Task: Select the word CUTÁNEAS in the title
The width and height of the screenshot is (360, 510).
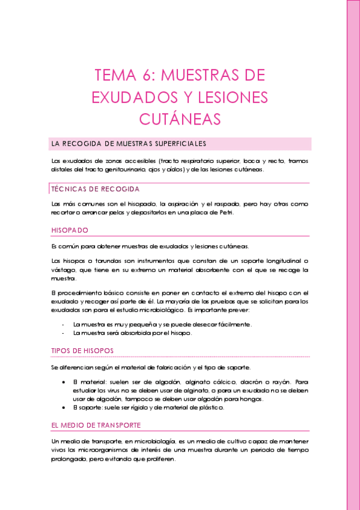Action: click(180, 118)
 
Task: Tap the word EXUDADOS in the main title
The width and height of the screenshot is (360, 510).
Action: click(128, 97)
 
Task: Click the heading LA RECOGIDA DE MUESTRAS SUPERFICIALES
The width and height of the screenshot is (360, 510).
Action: click(129, 144)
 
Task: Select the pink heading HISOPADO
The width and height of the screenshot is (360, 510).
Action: click(70, 230)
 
